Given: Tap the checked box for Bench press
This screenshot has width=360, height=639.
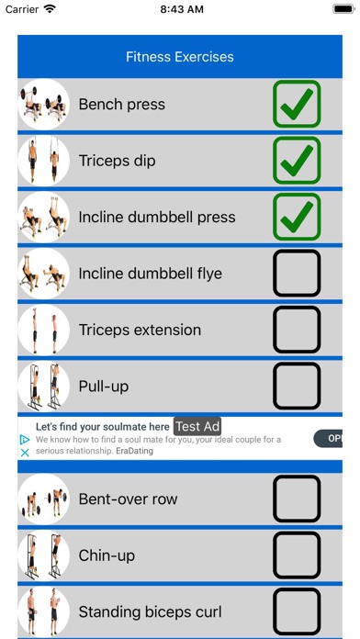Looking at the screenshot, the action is tap(297, 104).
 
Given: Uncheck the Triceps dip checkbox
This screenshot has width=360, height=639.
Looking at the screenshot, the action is tap(297, 160).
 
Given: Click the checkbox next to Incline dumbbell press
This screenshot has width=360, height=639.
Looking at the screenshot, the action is tap(297, 217).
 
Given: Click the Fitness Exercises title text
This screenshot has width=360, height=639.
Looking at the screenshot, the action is tap(180, 56).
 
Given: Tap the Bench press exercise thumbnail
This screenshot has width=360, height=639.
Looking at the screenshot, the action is tap(44, 105).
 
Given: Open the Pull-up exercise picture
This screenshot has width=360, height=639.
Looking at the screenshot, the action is tap(44, 386).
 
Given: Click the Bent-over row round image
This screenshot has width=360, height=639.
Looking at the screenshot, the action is tap(44, 499).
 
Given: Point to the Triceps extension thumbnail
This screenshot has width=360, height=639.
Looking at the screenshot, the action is tap(44, 330).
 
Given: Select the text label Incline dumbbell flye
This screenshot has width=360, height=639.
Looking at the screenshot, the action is tap(150, 274).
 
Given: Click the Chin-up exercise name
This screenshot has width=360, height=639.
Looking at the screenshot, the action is tap(107, 555).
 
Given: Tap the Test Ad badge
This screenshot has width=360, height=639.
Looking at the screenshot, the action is tap(197, 427).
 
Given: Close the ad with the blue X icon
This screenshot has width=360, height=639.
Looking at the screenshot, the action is tap(25, 453).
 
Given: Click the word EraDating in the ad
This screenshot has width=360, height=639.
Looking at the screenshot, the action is tap(135, 451).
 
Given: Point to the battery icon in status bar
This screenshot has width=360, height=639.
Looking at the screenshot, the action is tap(343, 9).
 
